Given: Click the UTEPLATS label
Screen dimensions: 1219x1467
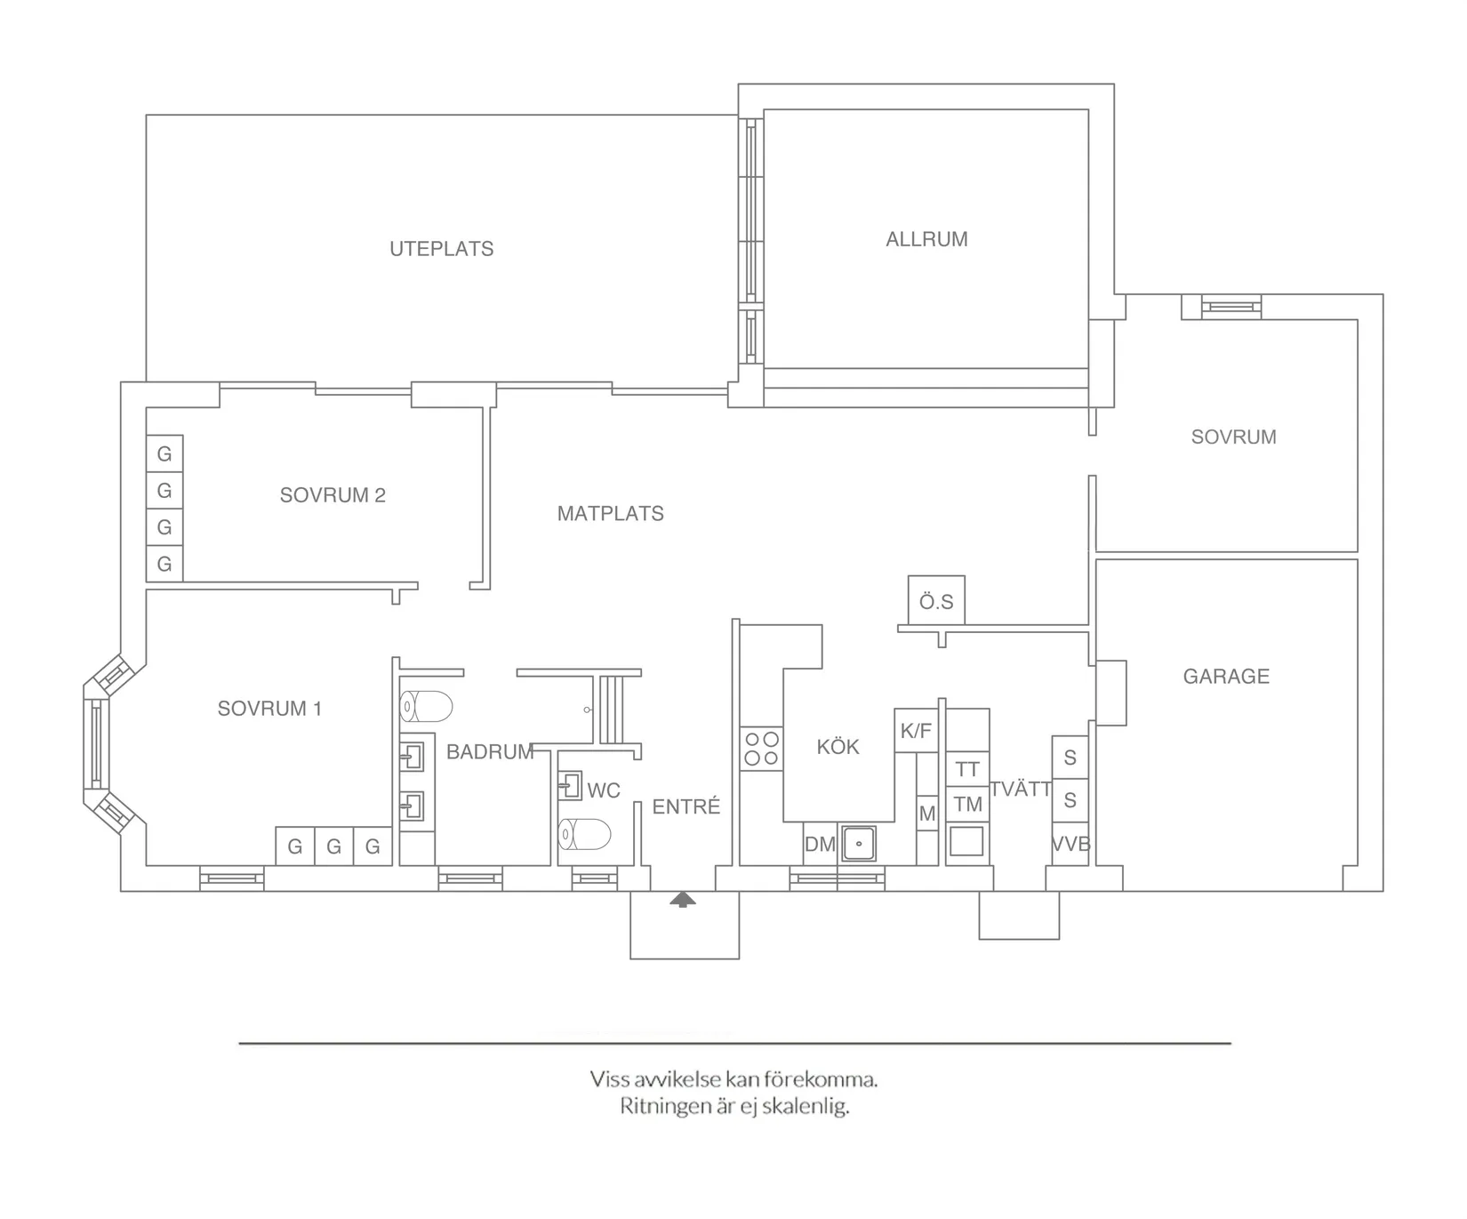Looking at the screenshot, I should [x=441, y=249].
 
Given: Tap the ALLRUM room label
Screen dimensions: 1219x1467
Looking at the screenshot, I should [x=926, y=239].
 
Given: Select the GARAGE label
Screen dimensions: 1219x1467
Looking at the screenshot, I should [x=1225, y=677].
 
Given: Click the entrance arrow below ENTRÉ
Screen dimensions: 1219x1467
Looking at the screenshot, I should [x=683, y=900].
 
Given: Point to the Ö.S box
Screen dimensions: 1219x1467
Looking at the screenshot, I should [x=936, y=602].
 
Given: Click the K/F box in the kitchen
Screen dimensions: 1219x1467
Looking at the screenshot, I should [x=916, y=731].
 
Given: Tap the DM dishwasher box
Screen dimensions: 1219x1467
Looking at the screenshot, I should [x=820, y=845].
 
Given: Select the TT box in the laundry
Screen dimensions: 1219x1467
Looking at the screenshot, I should [x=967, y=769].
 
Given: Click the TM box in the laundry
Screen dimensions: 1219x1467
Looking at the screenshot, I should [x=967, y=805].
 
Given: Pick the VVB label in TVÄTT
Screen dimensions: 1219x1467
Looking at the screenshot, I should [x=1070, y=845].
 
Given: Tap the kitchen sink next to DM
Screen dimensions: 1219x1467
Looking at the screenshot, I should [x=859, y=843].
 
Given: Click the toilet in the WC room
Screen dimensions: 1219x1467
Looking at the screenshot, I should [x=585, y=834].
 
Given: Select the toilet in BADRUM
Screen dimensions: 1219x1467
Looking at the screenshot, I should [x=427, y=707].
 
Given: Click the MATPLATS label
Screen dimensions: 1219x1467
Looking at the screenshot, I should [x=610, y=514].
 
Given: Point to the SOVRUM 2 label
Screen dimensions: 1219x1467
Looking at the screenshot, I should [x=333, y=495].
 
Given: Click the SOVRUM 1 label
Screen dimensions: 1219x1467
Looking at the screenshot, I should [x=269, y=709].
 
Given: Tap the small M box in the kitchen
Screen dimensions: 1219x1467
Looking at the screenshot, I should [x=927, y=814].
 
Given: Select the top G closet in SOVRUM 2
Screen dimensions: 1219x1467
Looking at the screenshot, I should [x=164, y=454].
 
